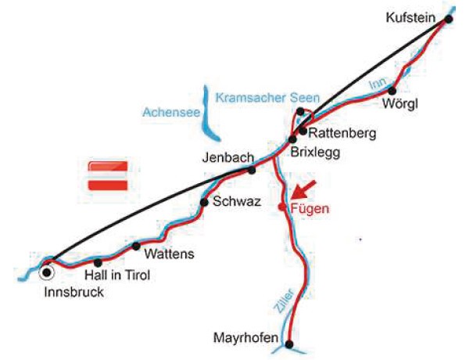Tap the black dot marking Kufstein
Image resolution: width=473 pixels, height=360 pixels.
click(x=449, y=19)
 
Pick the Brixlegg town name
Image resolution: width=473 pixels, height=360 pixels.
click(x=315, y=152)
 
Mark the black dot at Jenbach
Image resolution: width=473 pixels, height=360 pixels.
click(x=252, y=170)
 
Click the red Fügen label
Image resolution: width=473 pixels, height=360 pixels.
click(x=310, y=208)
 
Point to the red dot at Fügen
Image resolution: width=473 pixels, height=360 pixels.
click(x=282, y=207)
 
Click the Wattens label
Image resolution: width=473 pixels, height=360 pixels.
click(x=169, y=254)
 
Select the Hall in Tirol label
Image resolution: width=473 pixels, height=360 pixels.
click(x=116, y=275)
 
